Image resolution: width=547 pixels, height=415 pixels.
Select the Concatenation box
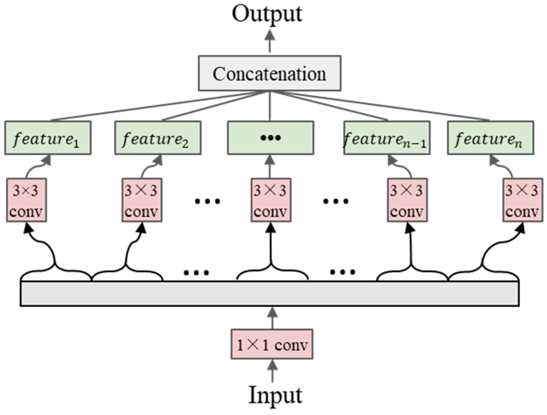pyautogui.click(x=269, y=73)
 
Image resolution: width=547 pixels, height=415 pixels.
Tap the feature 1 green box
pyautogui.click(x=48, y=138)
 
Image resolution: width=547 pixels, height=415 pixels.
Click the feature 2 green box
pyautogui.click(x=158, y=138)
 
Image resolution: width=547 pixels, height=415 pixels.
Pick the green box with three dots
pyautogui.click(x=270, y=138)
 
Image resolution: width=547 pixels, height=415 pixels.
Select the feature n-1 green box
pyautogui.click(x=387, y=138)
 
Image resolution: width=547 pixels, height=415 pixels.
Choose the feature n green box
pyautogui.click(x=490, y=138)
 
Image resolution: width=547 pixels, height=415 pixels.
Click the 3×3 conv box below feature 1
pyautogui.click(x=27, y=200)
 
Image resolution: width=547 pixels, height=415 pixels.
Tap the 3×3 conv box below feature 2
pyautogui.click(x=142, y=200)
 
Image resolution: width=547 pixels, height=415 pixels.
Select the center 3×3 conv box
pyautogui.click(x=271, y=200)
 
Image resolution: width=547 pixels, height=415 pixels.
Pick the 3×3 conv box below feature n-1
pyautogui.click(x=407, y=200)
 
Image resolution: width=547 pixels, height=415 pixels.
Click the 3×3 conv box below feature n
pyautogui.click(x=522, y=200)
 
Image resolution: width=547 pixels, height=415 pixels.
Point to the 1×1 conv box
pyautogui.click(x=272, y=344)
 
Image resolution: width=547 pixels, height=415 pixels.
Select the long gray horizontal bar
pyautogui.click(x=269, y=294)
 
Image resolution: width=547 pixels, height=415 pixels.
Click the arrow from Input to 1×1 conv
pyautogui.click(x=272, y=371)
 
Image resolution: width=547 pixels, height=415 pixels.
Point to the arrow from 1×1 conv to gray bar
pyautogui.click(x=272, y=318)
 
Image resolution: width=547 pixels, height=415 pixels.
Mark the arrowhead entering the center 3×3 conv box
pyautogui.click(x=271, y=228)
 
